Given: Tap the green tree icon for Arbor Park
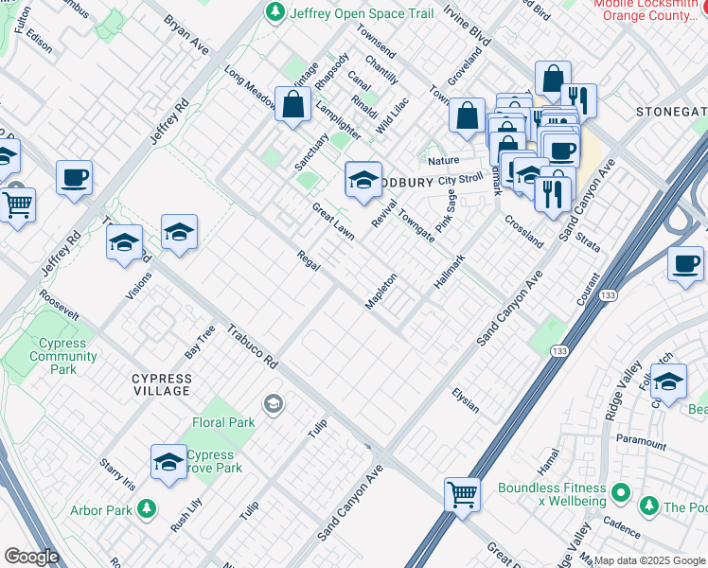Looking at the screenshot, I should click(146, 509).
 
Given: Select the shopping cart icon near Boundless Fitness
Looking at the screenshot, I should click(462, 492).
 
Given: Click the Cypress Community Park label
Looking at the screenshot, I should click(63, 356).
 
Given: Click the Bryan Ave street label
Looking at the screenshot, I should click(186, 34).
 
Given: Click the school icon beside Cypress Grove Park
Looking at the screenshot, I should click(168, 461).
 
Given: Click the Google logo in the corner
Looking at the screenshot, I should click(31, 556).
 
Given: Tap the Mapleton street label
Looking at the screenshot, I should click(381, 291).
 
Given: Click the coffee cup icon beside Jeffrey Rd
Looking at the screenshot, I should click(74, 176).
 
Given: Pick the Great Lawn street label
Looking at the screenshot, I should click(334, 221).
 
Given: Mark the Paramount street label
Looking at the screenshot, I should click(641, 441).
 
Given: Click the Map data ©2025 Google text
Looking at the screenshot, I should click(649, 560).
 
